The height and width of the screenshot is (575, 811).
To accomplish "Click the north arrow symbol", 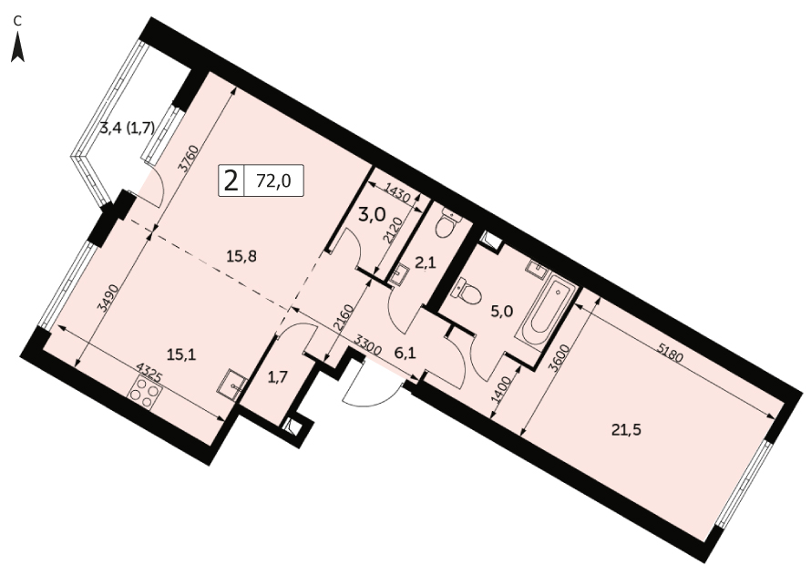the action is tap(18, 46).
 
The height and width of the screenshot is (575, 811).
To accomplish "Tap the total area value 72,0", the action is tap(273, 180).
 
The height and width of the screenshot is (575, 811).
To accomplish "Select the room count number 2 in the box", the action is tap(231, 180).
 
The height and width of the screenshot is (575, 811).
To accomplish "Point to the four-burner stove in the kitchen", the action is tap(141, 392).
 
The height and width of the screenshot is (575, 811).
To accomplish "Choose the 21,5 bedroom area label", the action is tap(626, 430).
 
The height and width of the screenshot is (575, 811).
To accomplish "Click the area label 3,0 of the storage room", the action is tap(373, 214).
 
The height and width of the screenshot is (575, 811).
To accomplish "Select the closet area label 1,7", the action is tap(278, 377).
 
